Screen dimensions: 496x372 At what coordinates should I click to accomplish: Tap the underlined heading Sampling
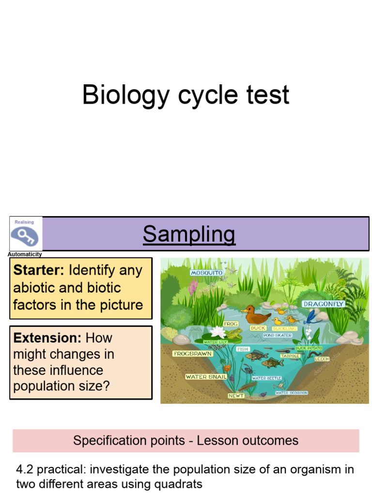[x=189, y=234]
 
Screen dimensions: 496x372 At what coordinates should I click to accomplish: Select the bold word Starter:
[x=39, y=270]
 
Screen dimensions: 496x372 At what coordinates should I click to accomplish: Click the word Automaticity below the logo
[x=25, y=254]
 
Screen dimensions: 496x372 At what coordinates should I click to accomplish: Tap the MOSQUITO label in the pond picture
[x=207, y=273]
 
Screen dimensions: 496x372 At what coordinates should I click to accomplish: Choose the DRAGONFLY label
[x=323, y=304]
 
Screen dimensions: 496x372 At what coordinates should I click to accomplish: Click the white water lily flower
[x=218, y=332]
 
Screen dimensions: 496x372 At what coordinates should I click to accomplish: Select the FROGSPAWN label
[x=193, y=354]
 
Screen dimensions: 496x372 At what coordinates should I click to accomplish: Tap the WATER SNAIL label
[x=205, y=377]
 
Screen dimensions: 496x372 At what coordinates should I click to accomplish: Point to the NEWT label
[x=236, y=396]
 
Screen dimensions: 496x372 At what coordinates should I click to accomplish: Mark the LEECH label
[x=322, y=359]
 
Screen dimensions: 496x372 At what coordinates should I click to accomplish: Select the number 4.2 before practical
[x=25, y=469]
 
